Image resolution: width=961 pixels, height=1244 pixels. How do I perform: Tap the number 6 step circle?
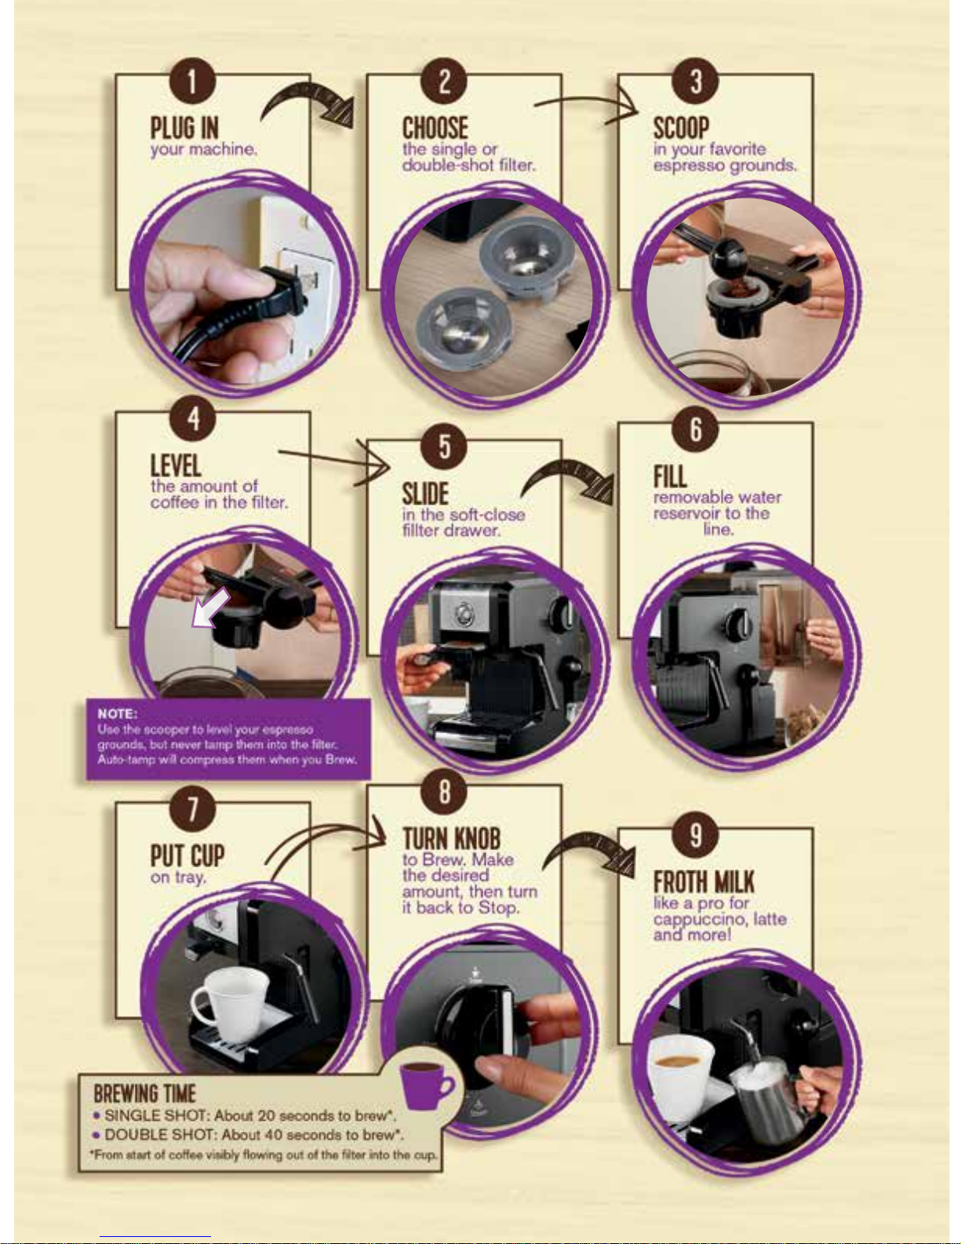(695, 429)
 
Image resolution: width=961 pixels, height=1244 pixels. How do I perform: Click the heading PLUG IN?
(185, 128)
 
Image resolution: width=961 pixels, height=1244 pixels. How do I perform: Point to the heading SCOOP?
(681, 128)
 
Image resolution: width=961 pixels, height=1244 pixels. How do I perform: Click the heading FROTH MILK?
(704, 882)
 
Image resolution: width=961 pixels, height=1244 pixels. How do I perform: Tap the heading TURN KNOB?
(451, 839)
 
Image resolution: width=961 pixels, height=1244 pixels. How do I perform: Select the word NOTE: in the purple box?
(117, 714)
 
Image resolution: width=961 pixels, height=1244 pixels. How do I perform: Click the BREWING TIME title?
(144, 1093)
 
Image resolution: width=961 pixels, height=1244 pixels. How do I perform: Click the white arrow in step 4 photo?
(209, 608)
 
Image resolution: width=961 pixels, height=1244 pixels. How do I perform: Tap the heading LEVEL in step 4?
(176, 465)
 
